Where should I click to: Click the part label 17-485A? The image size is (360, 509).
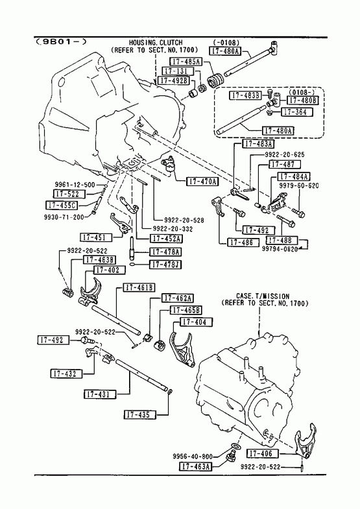coord(186,62)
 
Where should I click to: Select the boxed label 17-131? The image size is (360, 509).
coord(177,71)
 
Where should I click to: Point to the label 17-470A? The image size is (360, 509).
coord(202,181)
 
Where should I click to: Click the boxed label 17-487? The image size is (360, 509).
coord(284,164)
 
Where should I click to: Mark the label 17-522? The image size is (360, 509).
coord(69,194)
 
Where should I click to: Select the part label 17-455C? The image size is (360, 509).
coord(62,205)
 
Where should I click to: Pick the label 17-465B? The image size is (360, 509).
coord(186,310)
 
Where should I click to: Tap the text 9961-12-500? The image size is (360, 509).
coord(75,185)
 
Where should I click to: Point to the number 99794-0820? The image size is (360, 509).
coord(280,249)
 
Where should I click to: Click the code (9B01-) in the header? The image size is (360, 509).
coord(62,41)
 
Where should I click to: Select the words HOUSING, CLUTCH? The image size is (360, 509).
coord(156,43)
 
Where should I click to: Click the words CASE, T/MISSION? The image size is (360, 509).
coord(263,296)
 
